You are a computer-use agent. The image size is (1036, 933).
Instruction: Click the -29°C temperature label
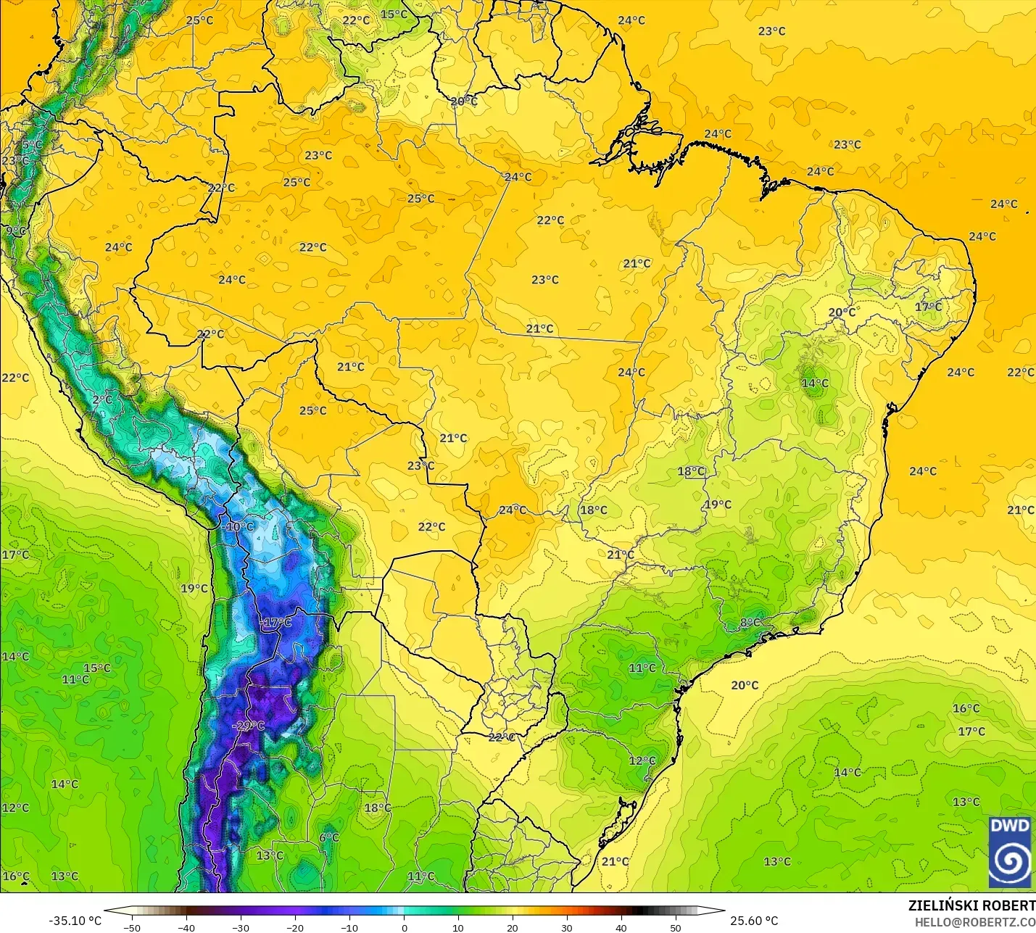249,726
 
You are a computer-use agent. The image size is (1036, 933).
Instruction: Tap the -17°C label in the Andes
275,623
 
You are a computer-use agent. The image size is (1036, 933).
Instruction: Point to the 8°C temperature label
750,623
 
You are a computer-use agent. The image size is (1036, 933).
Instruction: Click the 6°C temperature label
329,837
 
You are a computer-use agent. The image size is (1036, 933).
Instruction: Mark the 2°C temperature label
102,399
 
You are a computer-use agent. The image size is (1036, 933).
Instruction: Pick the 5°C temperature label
32,145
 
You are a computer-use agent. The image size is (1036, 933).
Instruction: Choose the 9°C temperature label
15,231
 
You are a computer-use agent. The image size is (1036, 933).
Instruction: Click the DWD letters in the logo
1009,826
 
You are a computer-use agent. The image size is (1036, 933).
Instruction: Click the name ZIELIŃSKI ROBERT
971,905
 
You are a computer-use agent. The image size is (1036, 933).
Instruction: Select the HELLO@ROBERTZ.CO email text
974,922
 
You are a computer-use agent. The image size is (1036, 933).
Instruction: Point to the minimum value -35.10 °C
75,921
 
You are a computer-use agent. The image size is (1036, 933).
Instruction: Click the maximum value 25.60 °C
754,921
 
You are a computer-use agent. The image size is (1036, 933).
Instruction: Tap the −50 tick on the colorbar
131,928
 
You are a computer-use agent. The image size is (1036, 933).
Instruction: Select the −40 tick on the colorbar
186,928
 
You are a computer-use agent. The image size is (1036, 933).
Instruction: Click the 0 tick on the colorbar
404,928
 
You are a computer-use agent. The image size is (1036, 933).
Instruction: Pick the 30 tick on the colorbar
567,928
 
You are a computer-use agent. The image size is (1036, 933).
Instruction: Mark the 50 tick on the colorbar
676,928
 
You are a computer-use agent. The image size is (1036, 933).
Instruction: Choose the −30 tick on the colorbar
240,928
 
